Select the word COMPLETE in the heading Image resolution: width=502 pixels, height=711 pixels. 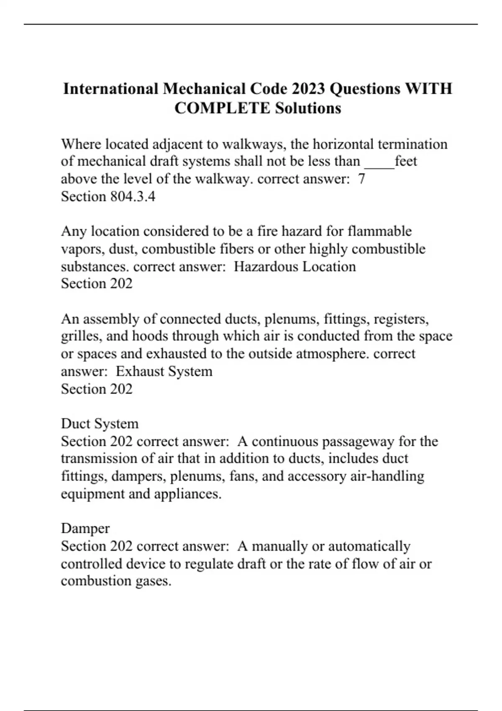(222, 108)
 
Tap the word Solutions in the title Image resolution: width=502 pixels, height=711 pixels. (308, 108)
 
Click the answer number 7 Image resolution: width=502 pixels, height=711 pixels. (362, 179)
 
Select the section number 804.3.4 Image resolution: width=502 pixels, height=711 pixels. (133, 197)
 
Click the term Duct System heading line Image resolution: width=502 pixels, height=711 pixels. (100, 424)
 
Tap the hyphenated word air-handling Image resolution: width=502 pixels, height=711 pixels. (387, 476)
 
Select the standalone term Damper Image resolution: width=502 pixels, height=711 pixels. (85, 529)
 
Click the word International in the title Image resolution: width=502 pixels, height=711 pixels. (111, 89)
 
